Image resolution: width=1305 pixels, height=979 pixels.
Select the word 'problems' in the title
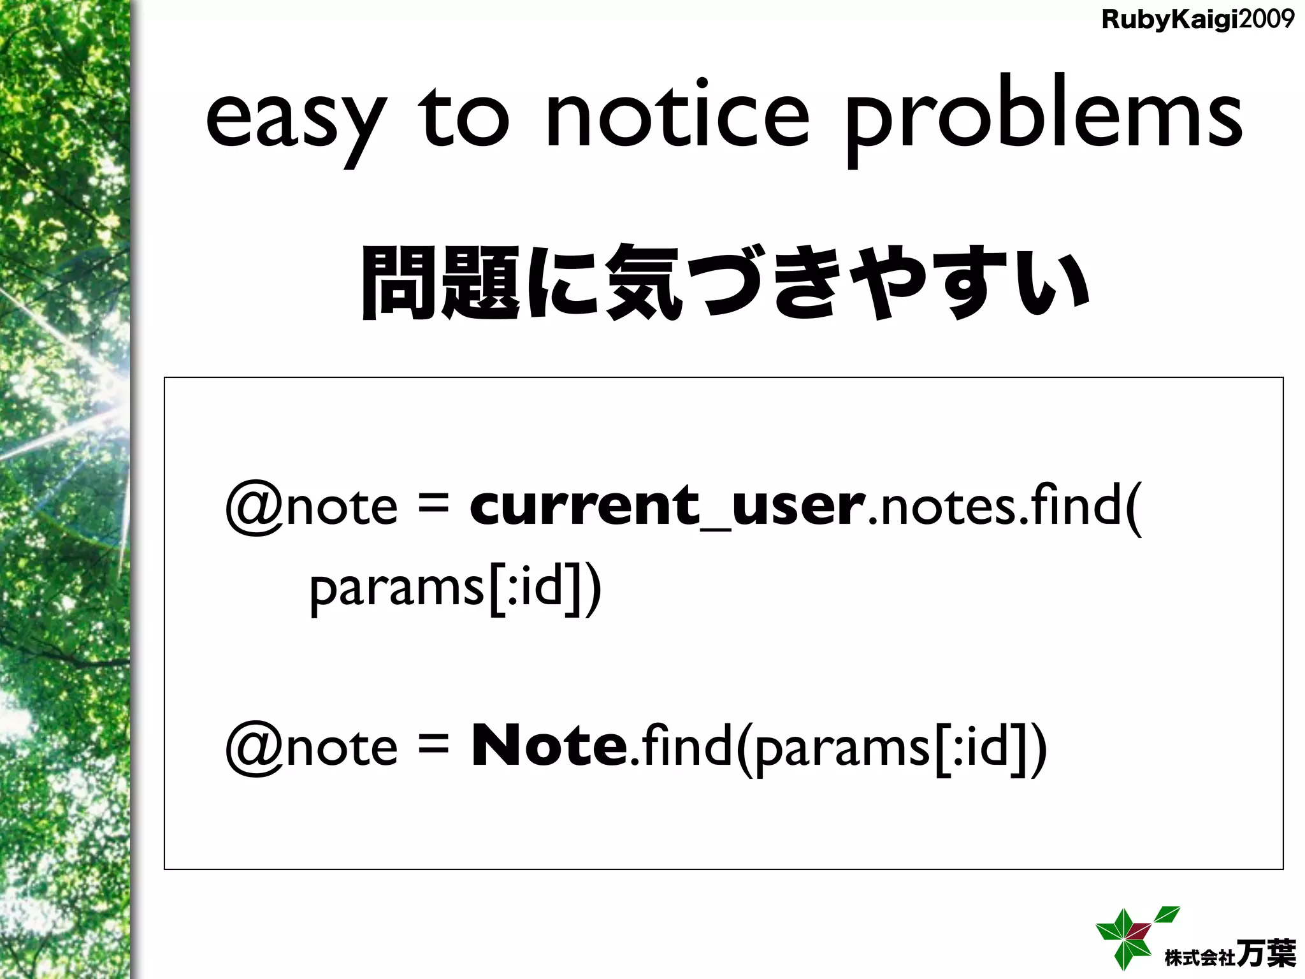coord(1043,121)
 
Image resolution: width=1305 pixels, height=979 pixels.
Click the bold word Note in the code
coord(549,746)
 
